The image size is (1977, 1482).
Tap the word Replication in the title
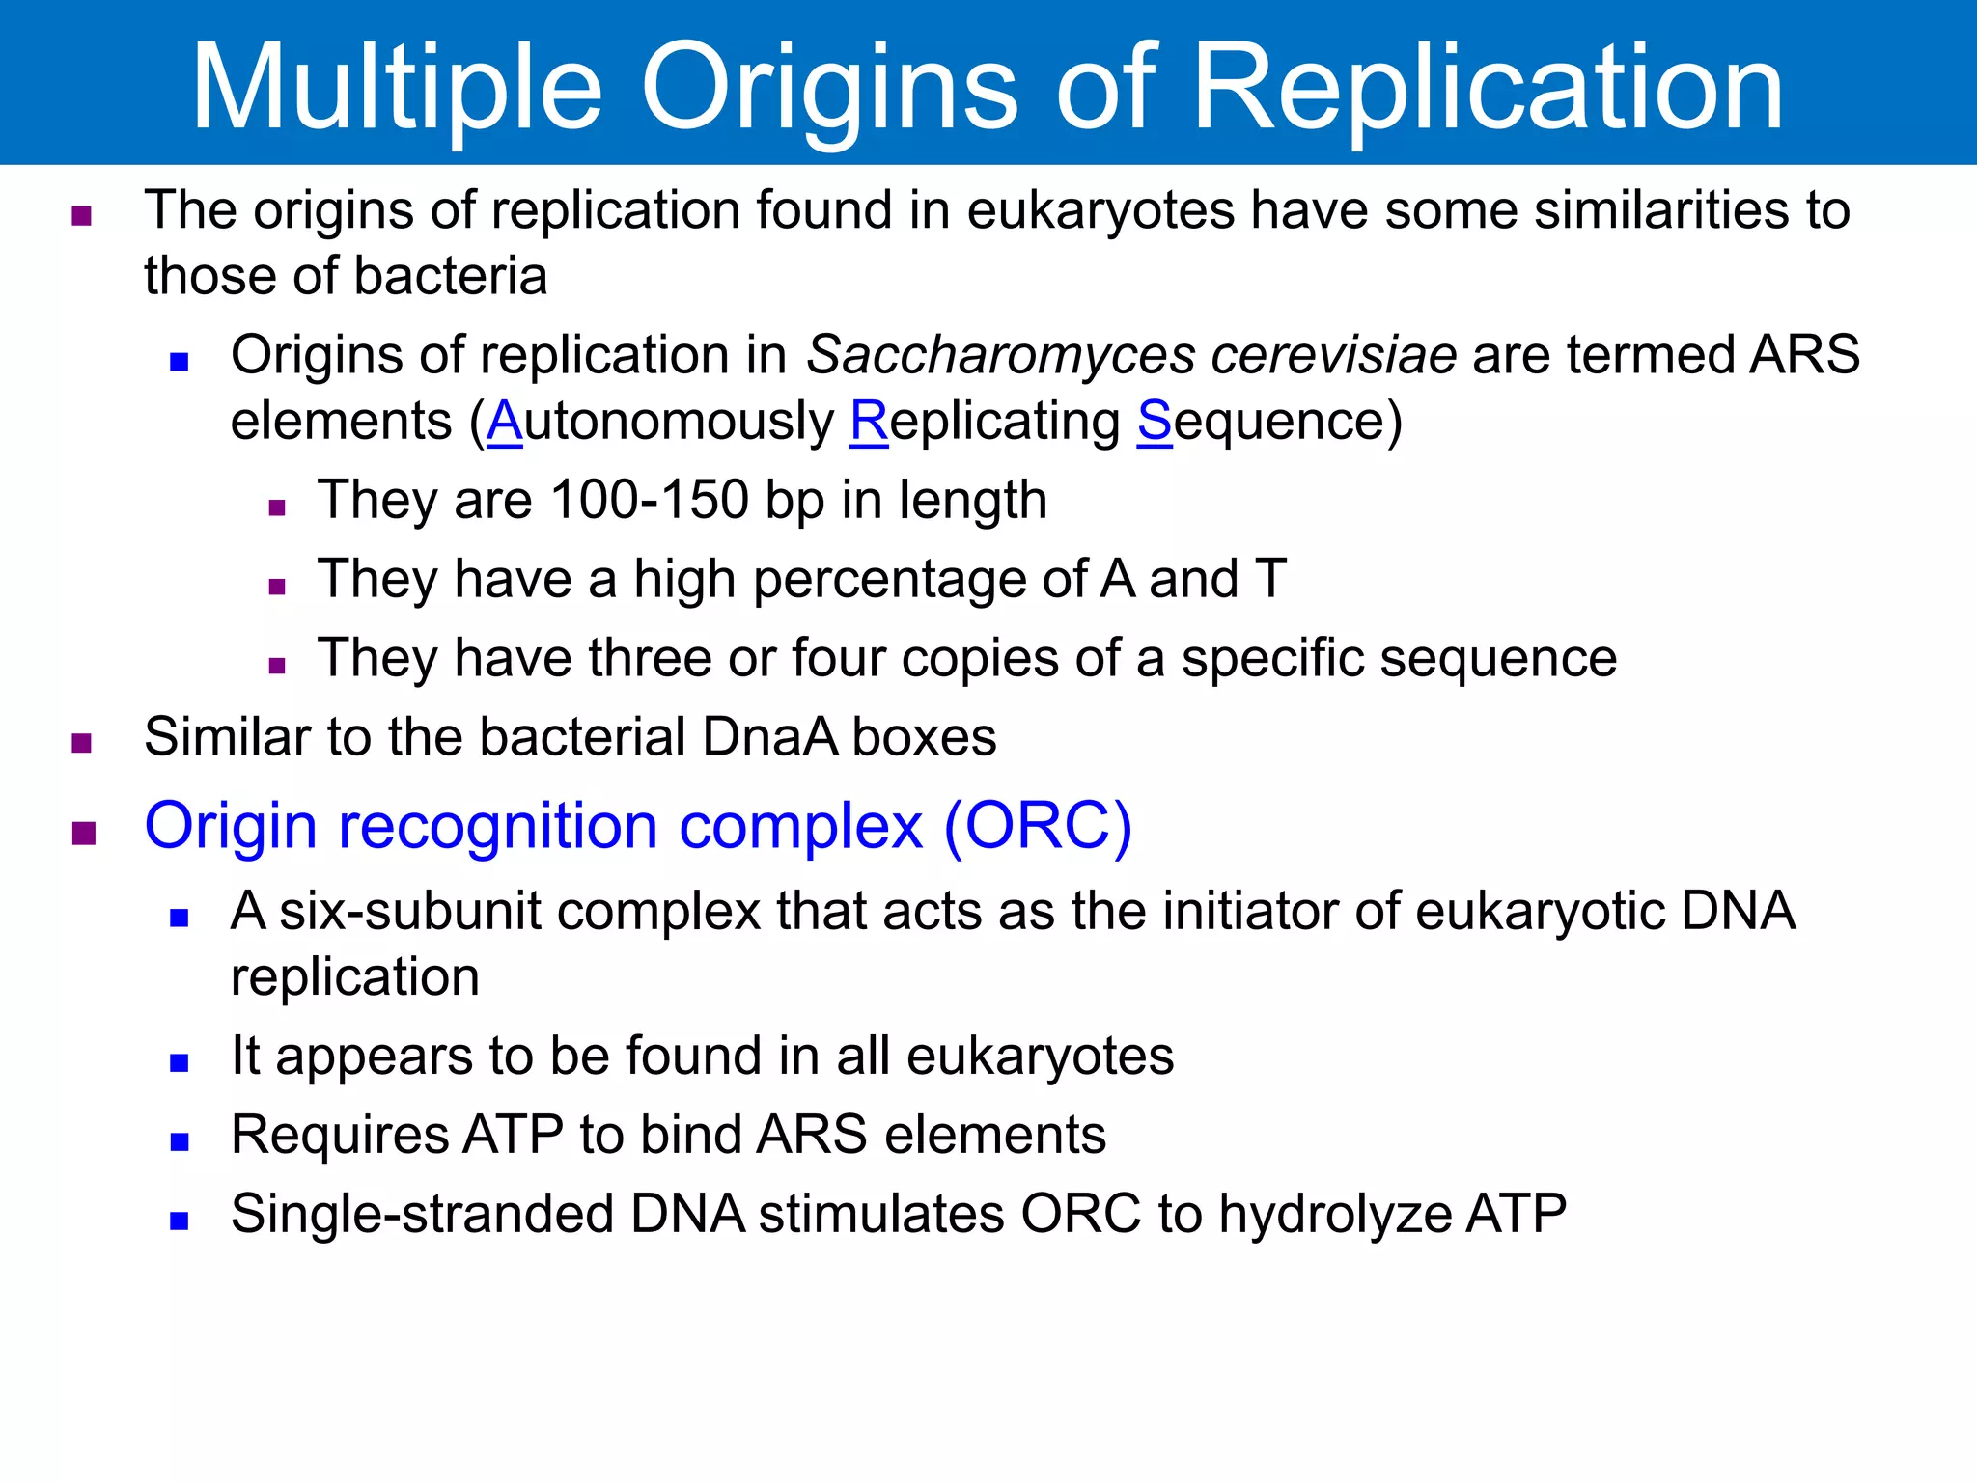(x=1488, y=89)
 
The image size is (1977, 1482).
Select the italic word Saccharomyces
(x=1000, y=355)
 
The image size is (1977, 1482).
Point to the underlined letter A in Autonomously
(x=504, y=422)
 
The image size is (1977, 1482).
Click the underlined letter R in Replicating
(x=869, y=422)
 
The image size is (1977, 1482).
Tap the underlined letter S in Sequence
(x=1155, y=422)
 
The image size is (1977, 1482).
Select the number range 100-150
(x=649, y=501)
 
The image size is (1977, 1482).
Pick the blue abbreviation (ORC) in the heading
(x=1037, y=827)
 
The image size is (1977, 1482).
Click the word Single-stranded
(x=423, y=1214)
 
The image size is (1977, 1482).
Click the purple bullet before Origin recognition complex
(x=84, y=833)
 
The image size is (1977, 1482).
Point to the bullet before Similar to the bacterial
(x=82, y=743)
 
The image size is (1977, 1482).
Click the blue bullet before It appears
(x=179, y=1063)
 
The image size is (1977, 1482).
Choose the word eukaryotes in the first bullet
(x=1100, y=211)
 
